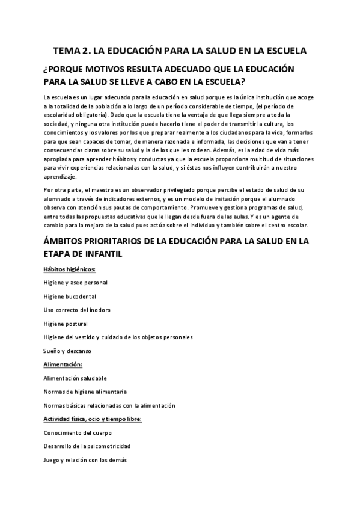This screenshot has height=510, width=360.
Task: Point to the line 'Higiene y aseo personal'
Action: pos(76,282)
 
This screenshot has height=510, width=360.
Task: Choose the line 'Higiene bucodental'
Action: pos(70,296)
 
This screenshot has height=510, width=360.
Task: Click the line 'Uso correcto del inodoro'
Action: pos(77,310)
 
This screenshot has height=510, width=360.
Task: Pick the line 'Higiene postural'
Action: pos(67,324)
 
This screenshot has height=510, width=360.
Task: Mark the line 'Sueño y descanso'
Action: pos(67,351)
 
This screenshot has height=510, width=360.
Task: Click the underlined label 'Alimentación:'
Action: pos(63,364)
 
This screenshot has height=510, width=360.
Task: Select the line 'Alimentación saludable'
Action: pos(75,378)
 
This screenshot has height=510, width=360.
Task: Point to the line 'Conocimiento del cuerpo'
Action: pos(78,432)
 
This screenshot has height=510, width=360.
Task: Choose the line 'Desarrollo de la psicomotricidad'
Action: pos(87,446)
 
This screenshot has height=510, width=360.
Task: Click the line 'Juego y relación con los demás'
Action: pos(85,460)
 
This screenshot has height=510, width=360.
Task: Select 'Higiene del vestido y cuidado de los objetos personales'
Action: pos(118,337)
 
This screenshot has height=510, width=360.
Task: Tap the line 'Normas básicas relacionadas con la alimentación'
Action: pos(109,405)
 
